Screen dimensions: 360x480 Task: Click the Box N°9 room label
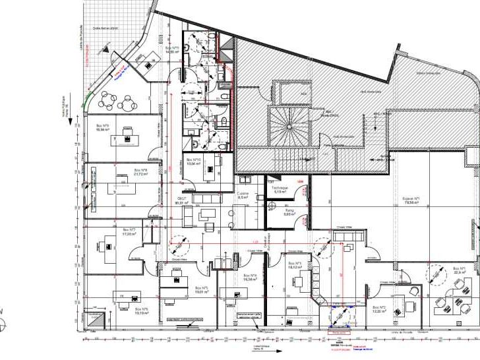pos(102,127)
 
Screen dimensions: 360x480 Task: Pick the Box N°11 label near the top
pos(173,49)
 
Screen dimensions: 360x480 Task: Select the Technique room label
pos(280,189)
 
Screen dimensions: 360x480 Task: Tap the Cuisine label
pos(242,195)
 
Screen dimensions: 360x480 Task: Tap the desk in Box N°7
pos(108,247)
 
